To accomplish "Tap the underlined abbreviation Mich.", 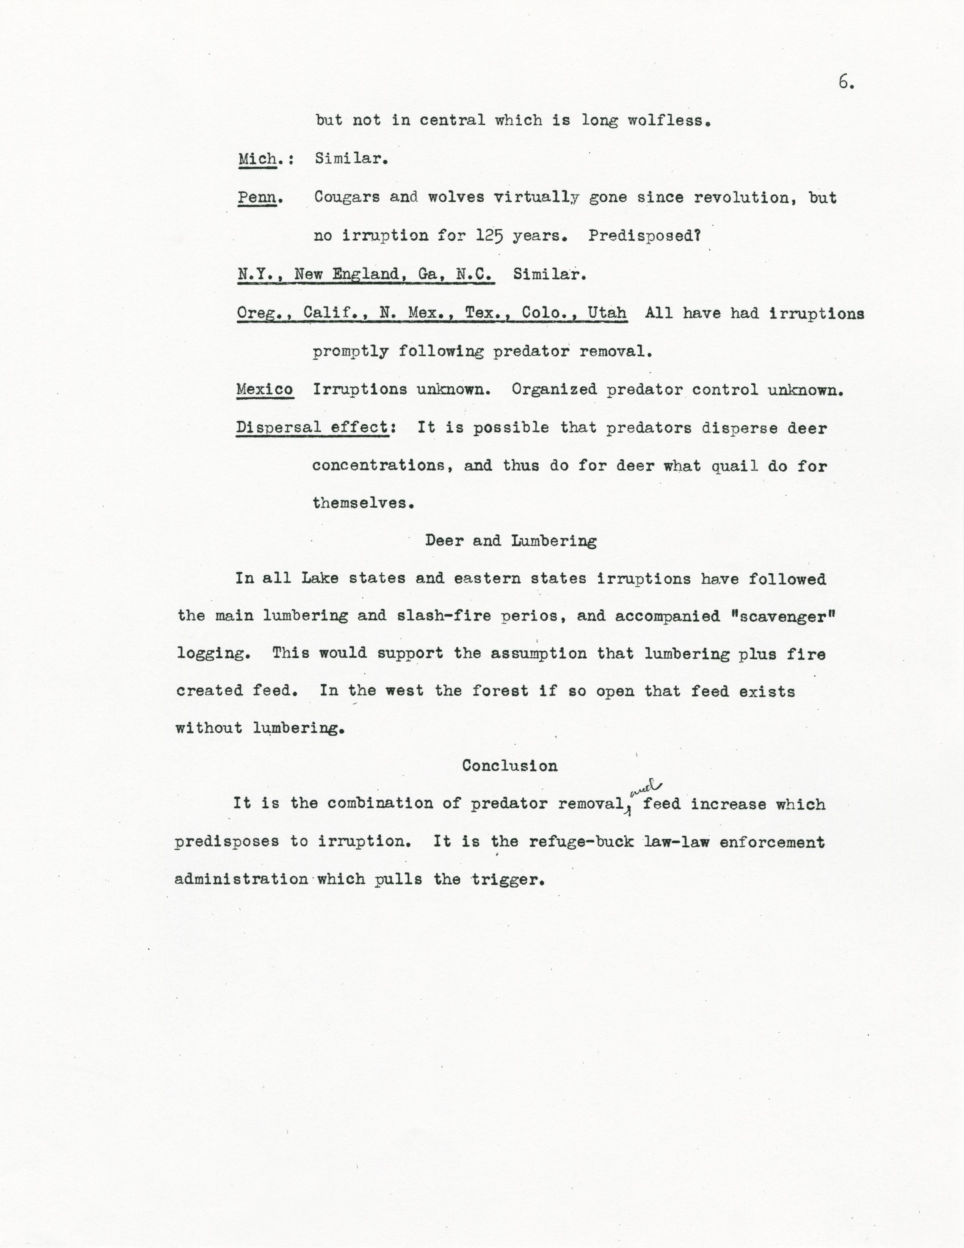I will [x=258, y=158].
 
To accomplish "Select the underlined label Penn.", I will [x=257, y=197].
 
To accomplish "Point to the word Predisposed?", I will [x=644, y=235].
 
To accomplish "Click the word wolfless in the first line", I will [x=669, y=121].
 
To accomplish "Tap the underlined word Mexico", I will [x=265, y=390].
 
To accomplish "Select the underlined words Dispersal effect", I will [x=313, y=427].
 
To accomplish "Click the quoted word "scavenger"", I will [x=782, y=616].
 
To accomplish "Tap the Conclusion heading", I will [x=510, y=766].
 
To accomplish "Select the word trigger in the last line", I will [x=506, y=879].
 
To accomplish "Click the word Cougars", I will [x=347, y=197].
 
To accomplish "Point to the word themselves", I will [x=362, y=503].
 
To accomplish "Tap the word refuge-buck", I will [x=581, y=842].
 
